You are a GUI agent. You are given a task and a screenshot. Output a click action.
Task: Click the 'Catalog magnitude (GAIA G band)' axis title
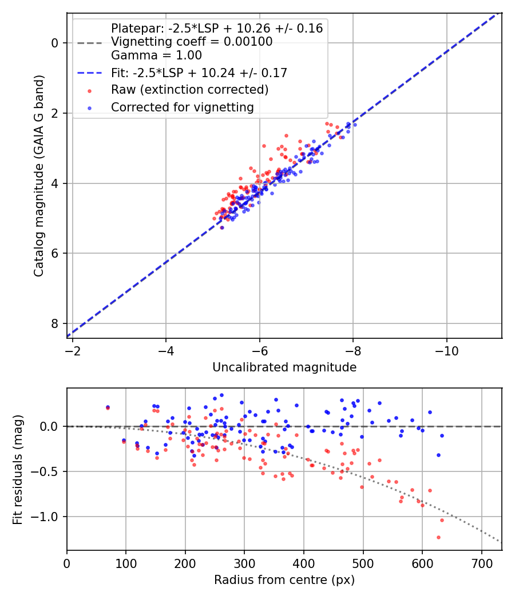(39, 175)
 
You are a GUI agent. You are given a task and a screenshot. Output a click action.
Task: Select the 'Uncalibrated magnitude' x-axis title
(284, 367)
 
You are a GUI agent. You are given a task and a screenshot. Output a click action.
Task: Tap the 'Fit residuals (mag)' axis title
(18, 469)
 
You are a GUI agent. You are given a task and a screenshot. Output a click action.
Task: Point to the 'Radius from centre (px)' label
(284, 580)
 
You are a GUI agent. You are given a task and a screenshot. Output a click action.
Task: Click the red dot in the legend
(90, 91)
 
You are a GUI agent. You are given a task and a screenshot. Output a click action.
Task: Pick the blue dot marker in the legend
(90, 109)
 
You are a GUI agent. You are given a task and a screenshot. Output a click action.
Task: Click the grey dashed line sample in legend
(90, 43)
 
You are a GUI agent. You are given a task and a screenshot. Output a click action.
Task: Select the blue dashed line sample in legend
(90, 73)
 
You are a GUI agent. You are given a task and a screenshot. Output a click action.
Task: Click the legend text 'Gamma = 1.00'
(156, 55)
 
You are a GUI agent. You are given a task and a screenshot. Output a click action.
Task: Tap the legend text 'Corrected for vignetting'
(183, 107)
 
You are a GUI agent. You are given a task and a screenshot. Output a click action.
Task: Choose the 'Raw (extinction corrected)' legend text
(189, 90)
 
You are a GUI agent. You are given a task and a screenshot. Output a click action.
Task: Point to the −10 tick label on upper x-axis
(446, 351)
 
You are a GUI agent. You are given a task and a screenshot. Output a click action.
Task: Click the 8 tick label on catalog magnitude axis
(54, 324)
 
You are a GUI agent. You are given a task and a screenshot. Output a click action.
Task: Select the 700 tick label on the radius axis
(482, 563)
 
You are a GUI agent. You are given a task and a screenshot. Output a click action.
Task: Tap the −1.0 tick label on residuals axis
(44, 517)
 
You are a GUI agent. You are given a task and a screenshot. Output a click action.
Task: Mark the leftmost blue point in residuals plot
(108, 407)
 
